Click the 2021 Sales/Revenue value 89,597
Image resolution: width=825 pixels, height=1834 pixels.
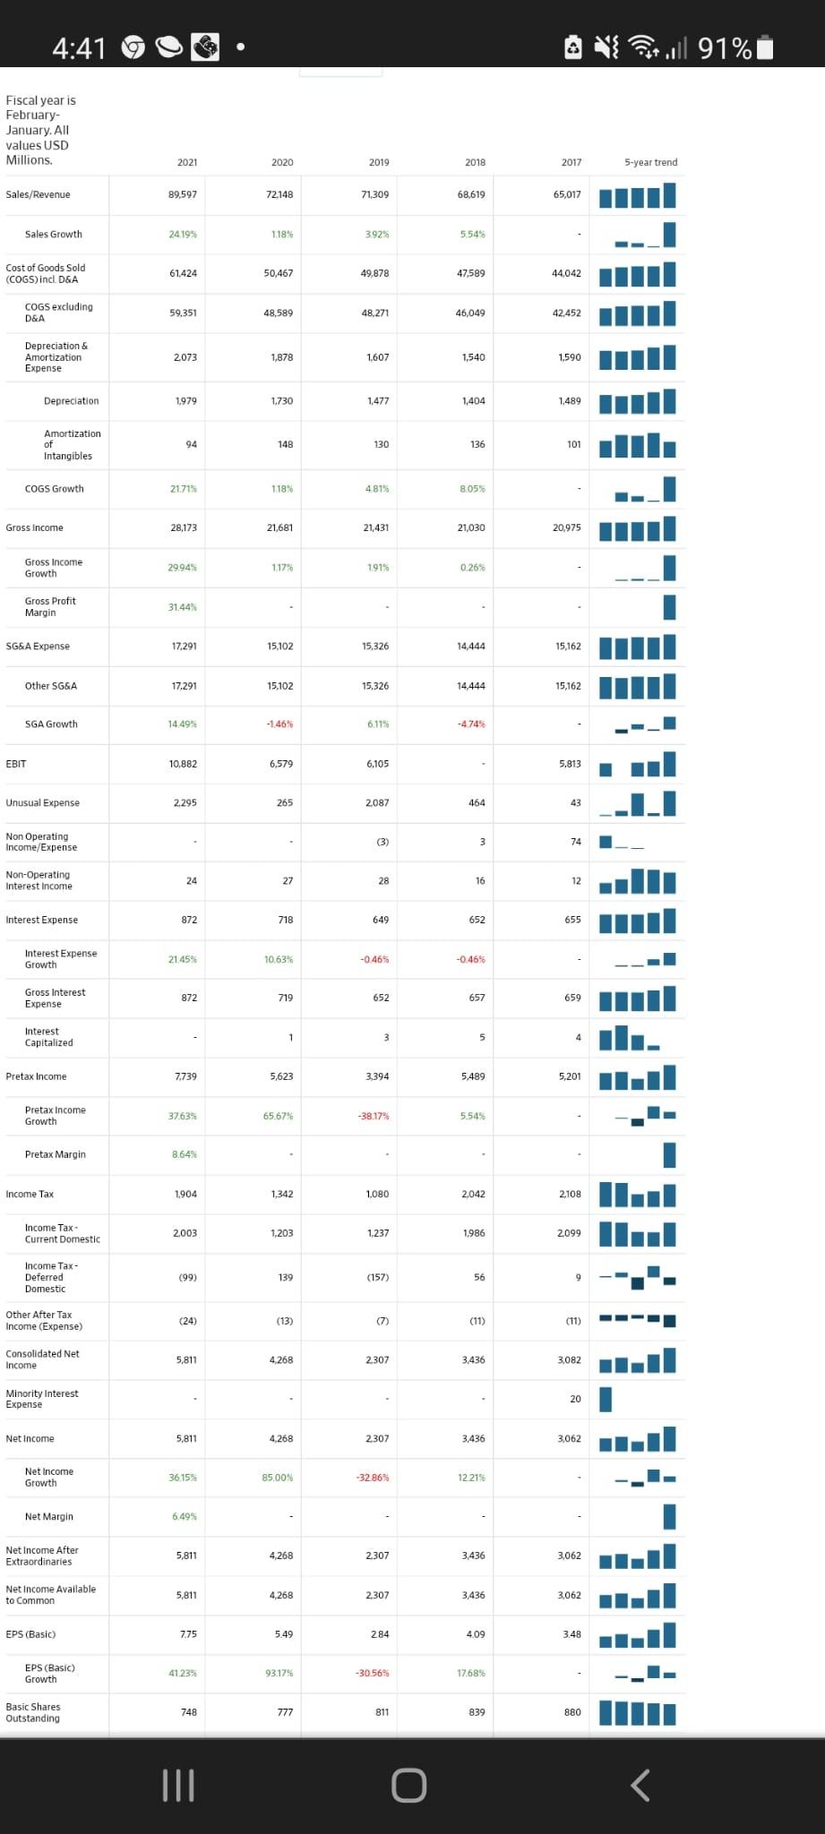[183, 194]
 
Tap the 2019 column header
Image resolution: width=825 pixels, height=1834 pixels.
[379, 162]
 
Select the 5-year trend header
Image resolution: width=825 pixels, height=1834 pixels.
[650, 162]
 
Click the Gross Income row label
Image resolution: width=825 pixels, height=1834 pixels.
[34, 527]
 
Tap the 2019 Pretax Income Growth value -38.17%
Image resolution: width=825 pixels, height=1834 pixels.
[374, 1116]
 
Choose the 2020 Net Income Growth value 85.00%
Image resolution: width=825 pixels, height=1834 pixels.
[278, 1478]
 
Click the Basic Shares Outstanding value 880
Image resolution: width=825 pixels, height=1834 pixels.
[571, 1712]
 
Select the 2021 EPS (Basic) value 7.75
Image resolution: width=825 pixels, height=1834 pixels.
[187, 1634]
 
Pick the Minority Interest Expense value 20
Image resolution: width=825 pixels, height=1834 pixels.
[575, 1399]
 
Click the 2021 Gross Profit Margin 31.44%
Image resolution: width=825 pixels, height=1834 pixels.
[183, 607]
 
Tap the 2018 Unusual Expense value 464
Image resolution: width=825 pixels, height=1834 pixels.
[477, 803]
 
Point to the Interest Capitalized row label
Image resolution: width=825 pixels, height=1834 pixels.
[48, 1037]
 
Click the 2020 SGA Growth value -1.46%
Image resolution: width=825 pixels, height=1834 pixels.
[279, 724]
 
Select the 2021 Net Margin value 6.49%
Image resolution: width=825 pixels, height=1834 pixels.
[185, 1516]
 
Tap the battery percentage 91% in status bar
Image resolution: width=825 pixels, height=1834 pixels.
[725, 47]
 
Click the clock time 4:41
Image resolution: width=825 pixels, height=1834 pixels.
[79, 47]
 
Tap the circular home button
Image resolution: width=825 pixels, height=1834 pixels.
[408, 1785]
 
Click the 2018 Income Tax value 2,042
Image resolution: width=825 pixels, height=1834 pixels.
[473, 1194]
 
